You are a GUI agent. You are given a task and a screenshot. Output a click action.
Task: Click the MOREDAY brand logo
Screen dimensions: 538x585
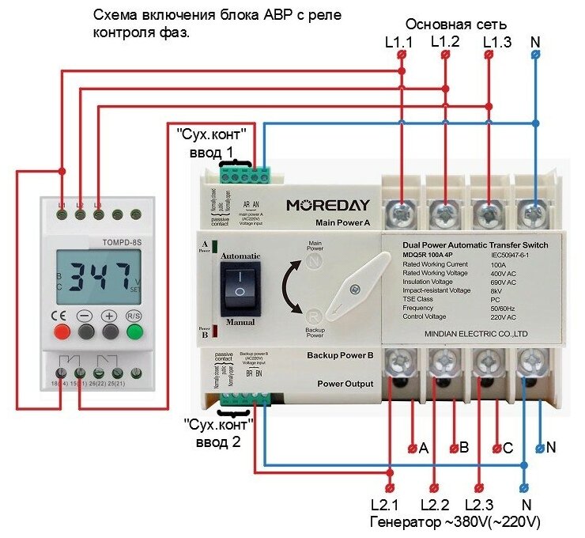[x=327, y=205]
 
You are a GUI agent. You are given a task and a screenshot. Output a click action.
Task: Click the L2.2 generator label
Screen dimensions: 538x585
[x=435, y=505]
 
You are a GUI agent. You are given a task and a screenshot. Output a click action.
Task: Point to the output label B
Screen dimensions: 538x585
[x=465, y=448]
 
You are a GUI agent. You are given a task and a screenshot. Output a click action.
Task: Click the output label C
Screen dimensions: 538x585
[x=508, y=448]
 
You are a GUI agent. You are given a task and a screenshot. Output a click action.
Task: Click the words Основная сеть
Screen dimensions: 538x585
[x=455, y=23]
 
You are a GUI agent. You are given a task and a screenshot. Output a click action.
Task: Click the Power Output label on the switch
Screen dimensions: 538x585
[x=345, y=384]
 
